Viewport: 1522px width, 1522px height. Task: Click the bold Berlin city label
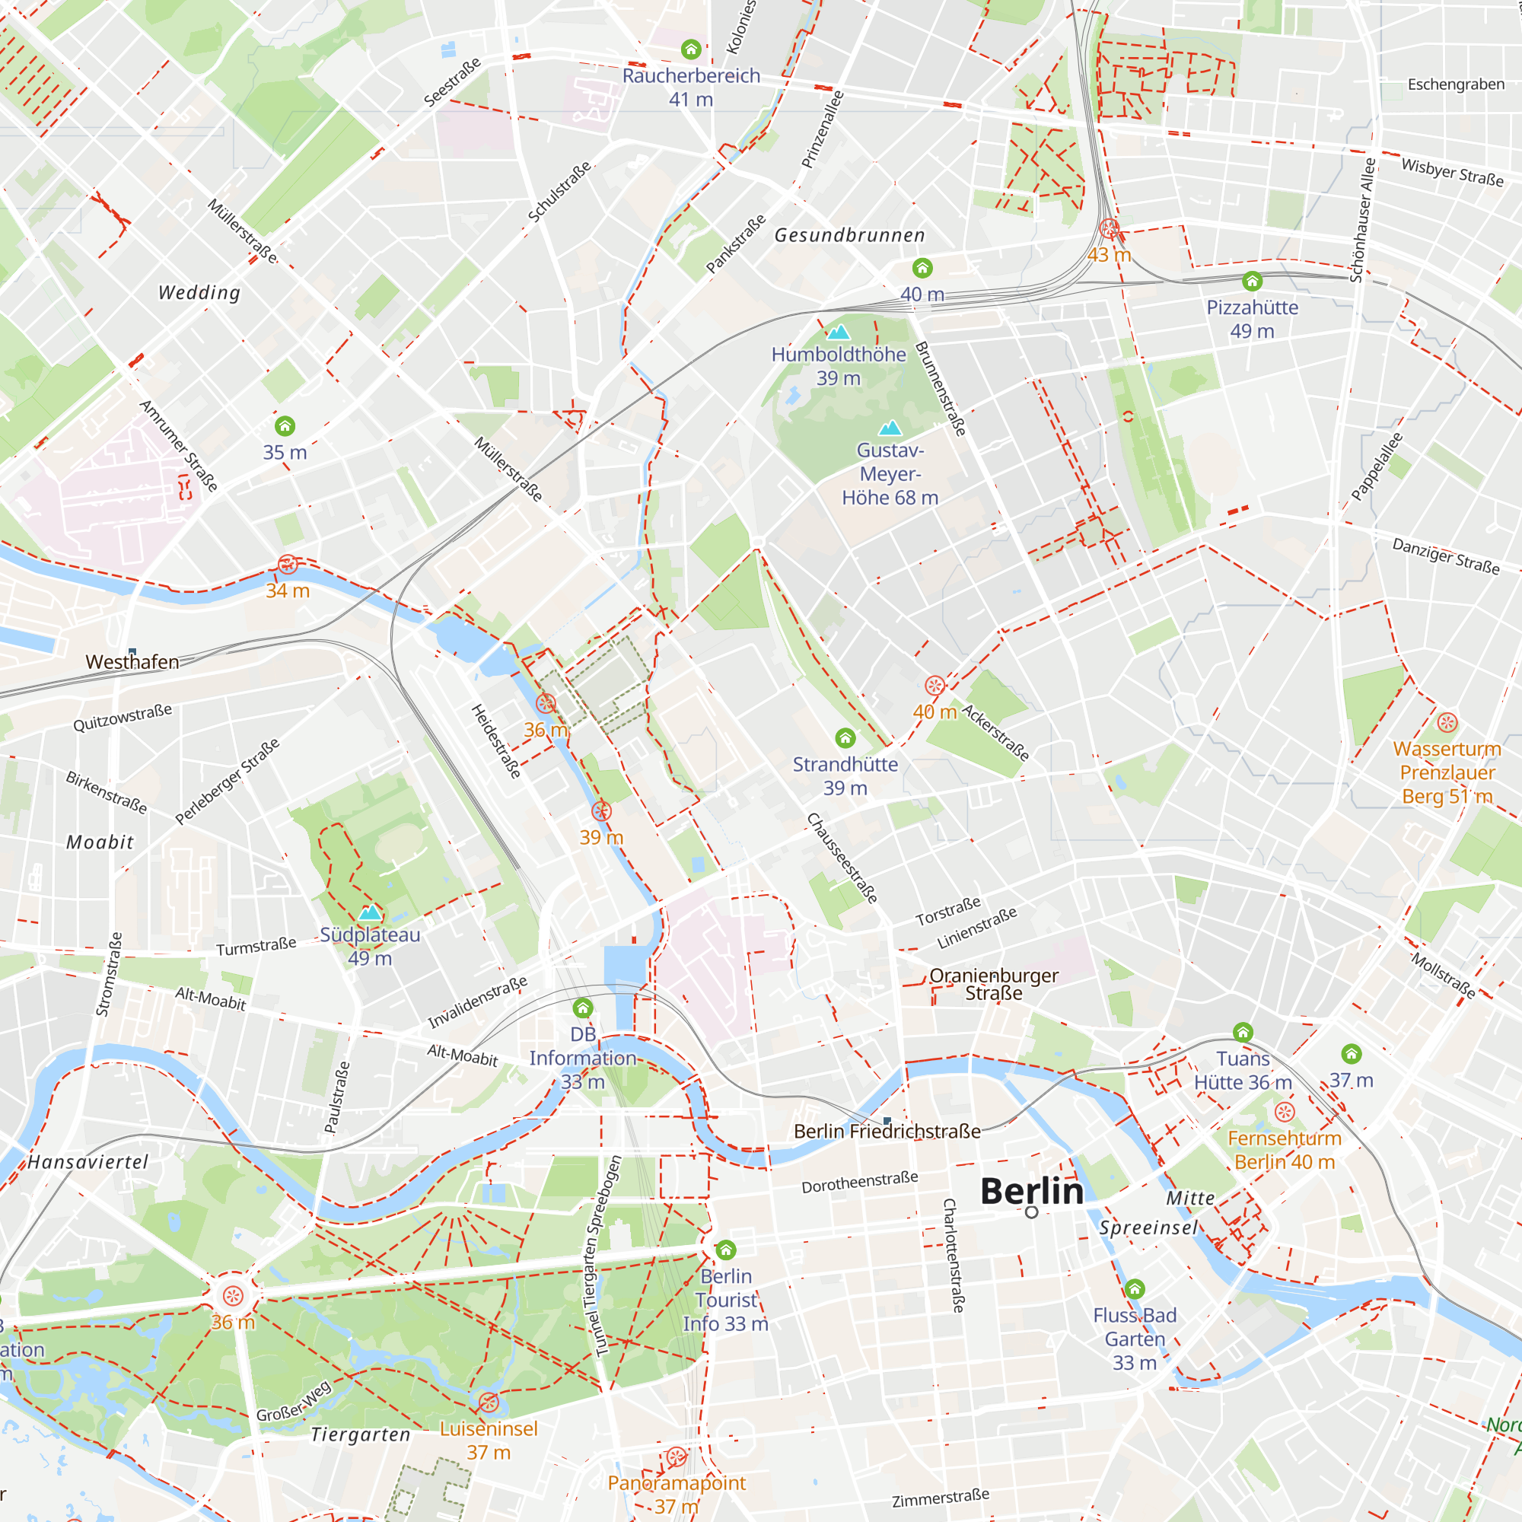(x=1031, y=1191)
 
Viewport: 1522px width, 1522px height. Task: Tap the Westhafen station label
(x=132, y=662)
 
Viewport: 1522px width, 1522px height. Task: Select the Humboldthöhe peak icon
(x=838, y=332)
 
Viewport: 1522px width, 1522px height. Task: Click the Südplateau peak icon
(x=370, y=913)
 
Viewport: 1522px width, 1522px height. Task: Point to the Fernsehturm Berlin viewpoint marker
(x=1284, y=1113)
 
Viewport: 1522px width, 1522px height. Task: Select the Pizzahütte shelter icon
(x=1252, y=282)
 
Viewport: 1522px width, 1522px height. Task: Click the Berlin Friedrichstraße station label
(x=887, y=1132)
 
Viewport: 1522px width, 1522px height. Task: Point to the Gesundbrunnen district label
(x=849, y=234)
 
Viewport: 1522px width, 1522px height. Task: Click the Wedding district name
(x=199, y=292)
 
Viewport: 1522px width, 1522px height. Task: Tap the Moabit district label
(x=100, y=842)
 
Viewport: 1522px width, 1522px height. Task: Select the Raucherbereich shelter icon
(x=691, y=49)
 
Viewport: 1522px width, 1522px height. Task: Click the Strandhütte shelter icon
(x=845, y=738)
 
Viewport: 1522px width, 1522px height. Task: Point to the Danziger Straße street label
(x=1446, y=556)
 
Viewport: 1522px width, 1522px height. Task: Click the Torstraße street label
(x=947, y=912)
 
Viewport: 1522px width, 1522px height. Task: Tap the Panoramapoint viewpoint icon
(x=676, y=1457)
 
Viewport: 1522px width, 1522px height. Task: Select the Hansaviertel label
(x=88, y=1162)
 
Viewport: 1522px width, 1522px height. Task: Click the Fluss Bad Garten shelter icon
(x=1135, y=1289)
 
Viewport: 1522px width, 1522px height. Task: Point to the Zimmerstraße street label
(x=940, y=1498)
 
